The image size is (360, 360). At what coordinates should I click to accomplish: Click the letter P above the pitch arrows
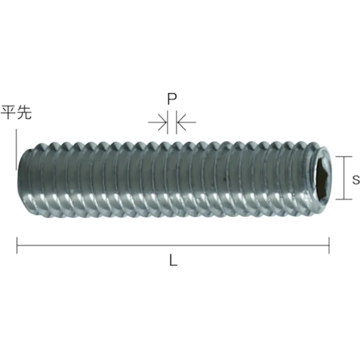tap(172, 99)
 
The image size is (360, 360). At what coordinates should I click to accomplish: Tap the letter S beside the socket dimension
tap(356, 179)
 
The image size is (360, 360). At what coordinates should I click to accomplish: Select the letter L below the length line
tap(173, 261)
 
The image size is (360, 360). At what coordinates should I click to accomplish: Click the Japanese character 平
tap(9, 112)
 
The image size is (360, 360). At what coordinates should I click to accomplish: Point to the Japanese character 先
tap(24, 112)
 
